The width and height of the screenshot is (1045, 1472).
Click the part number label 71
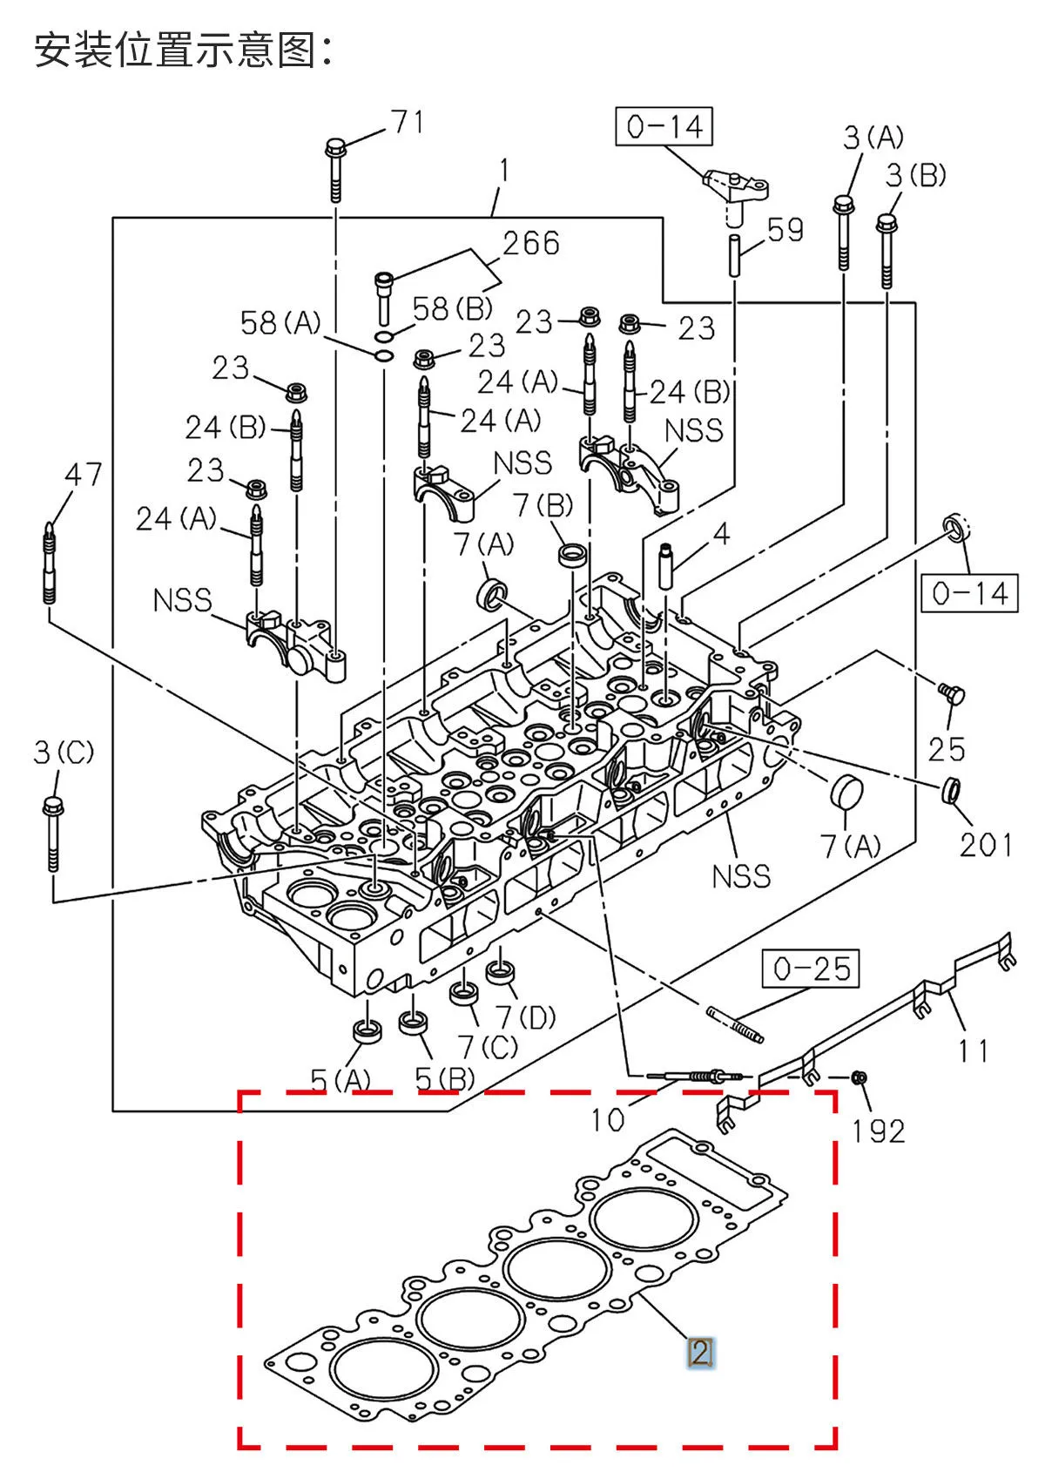click(x=407, y=122)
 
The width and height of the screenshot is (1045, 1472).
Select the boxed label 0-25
click(x=811, y=969)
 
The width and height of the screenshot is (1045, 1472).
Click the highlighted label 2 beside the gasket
click(x=700, y=1353)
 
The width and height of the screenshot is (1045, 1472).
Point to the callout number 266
click(x=530, y=243)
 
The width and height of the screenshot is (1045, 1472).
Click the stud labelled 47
click(x=50, y=562)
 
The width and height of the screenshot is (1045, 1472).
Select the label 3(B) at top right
click(x=915, y=176)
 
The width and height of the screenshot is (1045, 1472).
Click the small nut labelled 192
click(x=857, y=1078)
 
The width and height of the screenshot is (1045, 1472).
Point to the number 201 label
click(x=986, y=844)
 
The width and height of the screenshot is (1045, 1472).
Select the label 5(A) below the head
click(x=340, y=1081)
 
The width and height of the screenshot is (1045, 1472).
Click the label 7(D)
click(x=525, y=1016)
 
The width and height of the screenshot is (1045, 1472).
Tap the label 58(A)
click(x=280, y=323)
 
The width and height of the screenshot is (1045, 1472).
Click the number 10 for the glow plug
click(x=607, y=1120)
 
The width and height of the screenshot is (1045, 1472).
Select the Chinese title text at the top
click(x=183, y=51)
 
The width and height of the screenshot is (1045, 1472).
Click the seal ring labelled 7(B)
click(x=572, y=554)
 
